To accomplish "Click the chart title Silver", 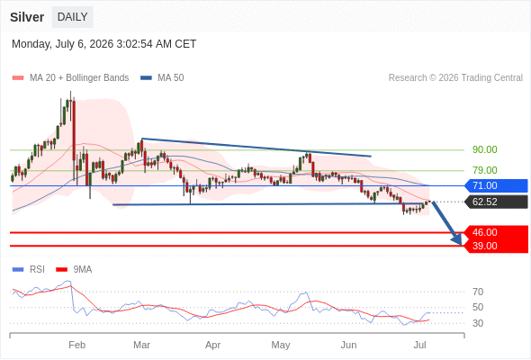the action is (x=27, y=17).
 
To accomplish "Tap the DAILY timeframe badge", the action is (x=73, y=17).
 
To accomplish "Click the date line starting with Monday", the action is (x=104, y=44).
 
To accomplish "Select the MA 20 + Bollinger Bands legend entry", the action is (x=70, y=78).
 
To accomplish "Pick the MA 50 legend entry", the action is (x=162, y=78).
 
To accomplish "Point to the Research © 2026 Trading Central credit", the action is (x=455, y=78).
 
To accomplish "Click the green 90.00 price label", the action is (x=484, y=149).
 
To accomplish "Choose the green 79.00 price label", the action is (x=484, y=170).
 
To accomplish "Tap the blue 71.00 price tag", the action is (x=496, y=185).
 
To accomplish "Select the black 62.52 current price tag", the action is (x=496, y=202).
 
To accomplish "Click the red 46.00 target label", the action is (x=496, y=232).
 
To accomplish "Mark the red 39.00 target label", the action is (x=496, y=246).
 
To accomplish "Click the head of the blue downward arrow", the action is (x=461, y=244).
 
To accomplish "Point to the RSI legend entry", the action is (x=29, y=270).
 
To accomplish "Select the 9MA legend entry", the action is (x=74, y=270).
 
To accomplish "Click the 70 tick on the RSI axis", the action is (x=478, y=292).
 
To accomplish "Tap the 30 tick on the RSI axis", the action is (x=478, y=323).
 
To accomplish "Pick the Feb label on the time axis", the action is (x=76, y=345).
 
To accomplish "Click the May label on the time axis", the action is (x=281, y=345).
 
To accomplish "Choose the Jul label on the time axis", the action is (x=420, y=345).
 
